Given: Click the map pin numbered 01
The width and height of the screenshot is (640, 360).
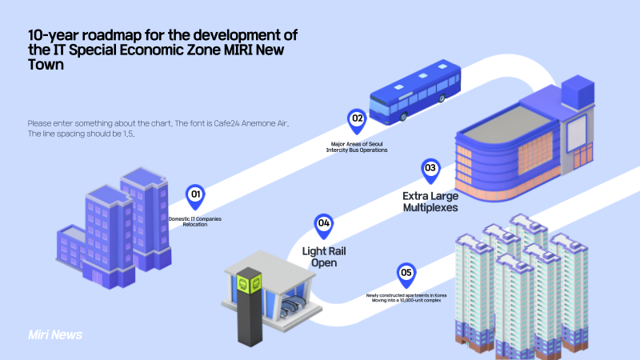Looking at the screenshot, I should point(194,194).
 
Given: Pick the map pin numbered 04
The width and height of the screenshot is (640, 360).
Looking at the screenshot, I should point(324,225).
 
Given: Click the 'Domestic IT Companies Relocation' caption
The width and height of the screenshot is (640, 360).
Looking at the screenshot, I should point(194,221).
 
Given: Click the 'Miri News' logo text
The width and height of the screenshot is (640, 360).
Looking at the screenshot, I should point(54,334).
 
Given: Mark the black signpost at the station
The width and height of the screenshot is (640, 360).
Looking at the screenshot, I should point(249,308).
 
